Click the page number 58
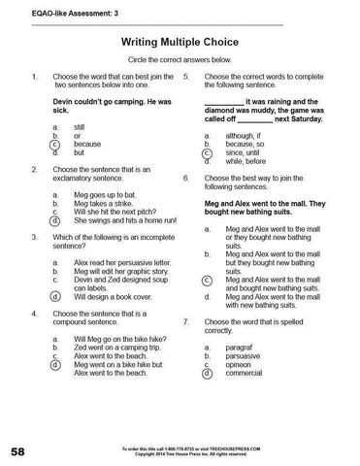point(19,451)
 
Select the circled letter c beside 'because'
point(56,144)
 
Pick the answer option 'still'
point(80,126)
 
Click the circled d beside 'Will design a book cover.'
point(56,295)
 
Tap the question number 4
point(35,315)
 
